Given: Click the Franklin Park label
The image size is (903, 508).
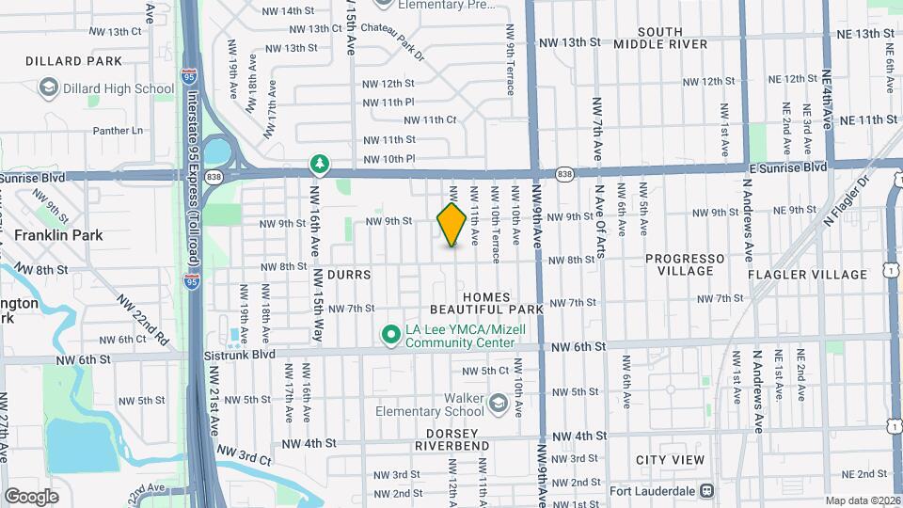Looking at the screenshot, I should pyautogui.click(x=58, y=235).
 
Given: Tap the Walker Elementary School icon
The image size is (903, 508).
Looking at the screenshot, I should pyautogui.click(x=498, y=404).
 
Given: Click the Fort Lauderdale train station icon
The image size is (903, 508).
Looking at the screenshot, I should pyautogui.click(x=706, y=490).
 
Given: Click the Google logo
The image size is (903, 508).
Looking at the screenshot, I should pyautogui.click(x=31, y=496).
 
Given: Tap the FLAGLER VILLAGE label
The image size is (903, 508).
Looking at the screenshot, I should pyautogui.click(x=807, y=275).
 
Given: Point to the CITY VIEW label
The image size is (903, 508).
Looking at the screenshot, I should pyautogui.click(x=670, y=460).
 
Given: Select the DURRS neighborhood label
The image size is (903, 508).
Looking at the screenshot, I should pyautogui.click(x=350, y=275).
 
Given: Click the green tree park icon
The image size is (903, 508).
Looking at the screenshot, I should pyautogui.click(x=321, y=166).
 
